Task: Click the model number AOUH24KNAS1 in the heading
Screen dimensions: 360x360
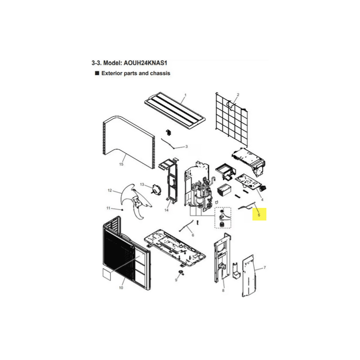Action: (145, 63)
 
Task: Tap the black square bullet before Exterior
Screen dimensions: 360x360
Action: (97, 73)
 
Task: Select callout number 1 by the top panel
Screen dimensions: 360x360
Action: (185, 95)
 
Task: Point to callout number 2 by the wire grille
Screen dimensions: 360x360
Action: (238, 94)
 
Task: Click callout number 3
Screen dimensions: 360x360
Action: (186, 147)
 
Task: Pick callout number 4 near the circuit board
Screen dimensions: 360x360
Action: (262, 200)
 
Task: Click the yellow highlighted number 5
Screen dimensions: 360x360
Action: (259, 215)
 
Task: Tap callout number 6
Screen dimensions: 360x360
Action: (193, 235)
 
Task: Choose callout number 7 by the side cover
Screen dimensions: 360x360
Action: (265, 267)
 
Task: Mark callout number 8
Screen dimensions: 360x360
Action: (223, 291)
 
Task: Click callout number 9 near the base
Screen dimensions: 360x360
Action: (176, 280)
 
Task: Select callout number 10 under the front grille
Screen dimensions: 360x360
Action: (121, 288)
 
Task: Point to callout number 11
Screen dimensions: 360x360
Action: (108, 208)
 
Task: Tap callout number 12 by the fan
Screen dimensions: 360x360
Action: (110, 190)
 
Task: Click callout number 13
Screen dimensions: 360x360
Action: (142, 184)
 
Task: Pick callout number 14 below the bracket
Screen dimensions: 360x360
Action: (166, 210)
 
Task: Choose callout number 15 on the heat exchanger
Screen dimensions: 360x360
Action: (121, 164)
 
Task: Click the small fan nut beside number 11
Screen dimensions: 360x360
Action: (122, 209)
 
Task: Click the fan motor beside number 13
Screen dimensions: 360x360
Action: (156, 189)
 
